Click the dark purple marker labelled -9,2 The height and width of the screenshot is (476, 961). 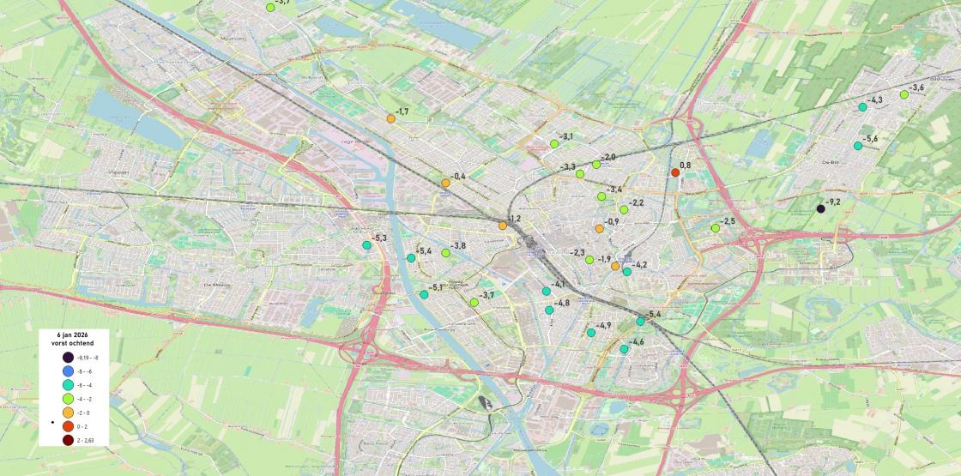821,208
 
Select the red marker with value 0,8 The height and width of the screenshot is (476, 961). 675,172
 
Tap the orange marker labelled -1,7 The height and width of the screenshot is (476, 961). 391,118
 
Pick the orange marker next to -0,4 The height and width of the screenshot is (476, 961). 445,183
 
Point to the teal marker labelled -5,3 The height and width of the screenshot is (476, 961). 366,245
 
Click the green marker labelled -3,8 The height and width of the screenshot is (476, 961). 445,253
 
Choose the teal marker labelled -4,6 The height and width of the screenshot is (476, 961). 624,349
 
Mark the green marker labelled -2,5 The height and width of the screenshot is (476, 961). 715,228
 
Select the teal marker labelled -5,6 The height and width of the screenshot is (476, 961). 858,146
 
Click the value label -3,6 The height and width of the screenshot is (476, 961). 917,87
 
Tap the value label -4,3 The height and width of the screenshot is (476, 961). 875,100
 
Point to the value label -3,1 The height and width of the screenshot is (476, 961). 566,136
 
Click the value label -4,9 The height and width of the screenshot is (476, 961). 604,325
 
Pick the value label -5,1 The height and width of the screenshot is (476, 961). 436,287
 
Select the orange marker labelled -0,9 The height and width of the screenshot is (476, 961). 599,228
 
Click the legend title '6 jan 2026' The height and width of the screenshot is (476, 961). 74,334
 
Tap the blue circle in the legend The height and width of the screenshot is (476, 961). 68,371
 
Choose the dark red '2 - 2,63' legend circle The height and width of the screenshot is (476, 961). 68,440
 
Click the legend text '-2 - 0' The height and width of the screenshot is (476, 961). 83,413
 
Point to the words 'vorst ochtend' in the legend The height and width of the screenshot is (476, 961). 74,343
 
